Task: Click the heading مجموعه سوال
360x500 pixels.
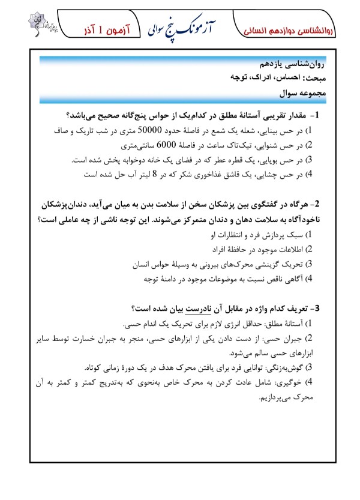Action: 300,94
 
